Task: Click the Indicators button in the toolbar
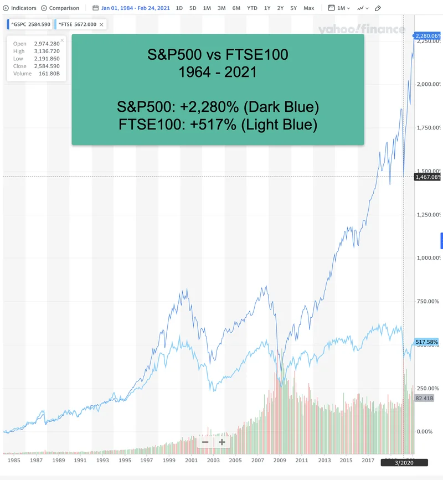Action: click(20, 8)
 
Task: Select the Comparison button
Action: click(60, 8)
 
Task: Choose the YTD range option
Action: click(252, 8)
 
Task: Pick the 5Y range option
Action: click(293, 8)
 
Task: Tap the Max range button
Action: click(309, 8)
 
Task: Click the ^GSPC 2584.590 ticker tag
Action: click(30, 24)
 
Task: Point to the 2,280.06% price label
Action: click(427, 36)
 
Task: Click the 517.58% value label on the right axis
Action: click(426, 342)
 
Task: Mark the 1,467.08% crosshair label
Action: click(427, 177)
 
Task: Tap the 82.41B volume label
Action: click(424, 398)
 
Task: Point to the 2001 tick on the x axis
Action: click(191, 460)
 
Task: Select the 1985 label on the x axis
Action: click(14, 460)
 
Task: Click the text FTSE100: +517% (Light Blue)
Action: click(218, 125)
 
